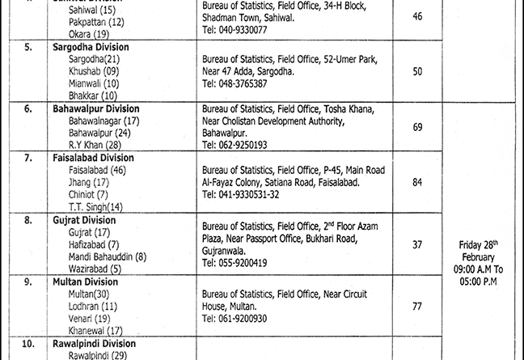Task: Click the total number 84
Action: [417, 183]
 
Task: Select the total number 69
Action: [417, 128]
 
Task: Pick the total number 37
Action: [417, 244]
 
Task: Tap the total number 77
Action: [417, 307]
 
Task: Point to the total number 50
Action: [417, 72]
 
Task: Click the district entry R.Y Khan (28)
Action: [94, 144]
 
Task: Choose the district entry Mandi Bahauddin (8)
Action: [108, 256]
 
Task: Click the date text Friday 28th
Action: [481, 244]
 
